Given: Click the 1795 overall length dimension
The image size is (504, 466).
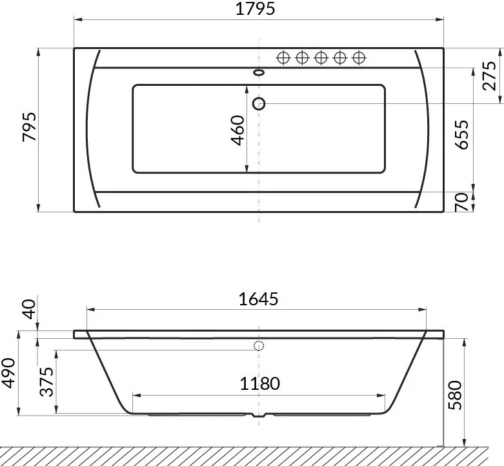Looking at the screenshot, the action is [256, 9].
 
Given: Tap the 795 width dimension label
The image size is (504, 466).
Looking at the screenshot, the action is [30, 127].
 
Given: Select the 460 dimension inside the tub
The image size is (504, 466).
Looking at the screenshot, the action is [238, 130].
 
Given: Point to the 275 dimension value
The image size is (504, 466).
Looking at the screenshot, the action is [489, 76].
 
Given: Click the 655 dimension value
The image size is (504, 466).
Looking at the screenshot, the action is [462, 134].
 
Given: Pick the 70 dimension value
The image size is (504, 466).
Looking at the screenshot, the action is [462, 202].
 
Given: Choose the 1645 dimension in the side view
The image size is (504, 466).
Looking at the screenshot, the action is [258, 299].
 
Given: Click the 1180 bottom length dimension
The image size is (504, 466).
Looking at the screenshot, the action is [259, 383].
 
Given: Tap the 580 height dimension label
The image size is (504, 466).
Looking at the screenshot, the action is [455, 395].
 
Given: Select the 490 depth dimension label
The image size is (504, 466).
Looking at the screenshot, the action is [8, 373].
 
